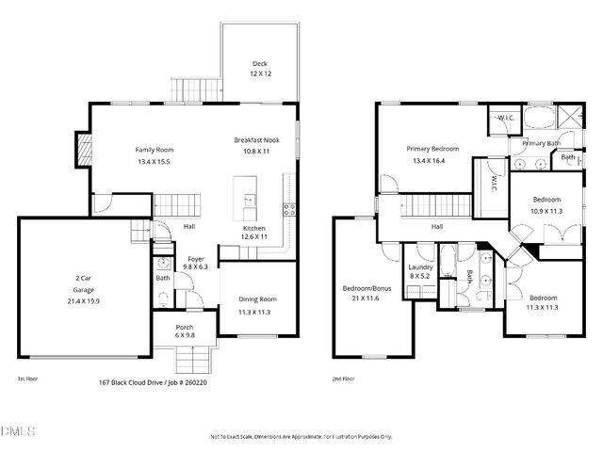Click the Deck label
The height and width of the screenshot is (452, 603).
260,64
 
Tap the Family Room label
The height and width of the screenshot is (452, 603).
154,150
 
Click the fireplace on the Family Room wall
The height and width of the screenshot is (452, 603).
83,148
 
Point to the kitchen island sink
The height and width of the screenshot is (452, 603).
250,201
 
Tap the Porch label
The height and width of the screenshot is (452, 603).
186,329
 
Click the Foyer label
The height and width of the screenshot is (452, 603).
196,258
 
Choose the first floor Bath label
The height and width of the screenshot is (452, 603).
163,278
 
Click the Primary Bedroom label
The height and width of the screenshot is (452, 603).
432,149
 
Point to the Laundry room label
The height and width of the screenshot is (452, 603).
420,266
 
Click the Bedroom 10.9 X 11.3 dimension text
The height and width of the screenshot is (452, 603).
546,211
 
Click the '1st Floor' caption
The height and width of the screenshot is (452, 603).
27,379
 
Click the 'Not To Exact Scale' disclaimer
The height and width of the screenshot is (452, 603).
301,437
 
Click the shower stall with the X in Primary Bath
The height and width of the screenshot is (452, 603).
571,120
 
